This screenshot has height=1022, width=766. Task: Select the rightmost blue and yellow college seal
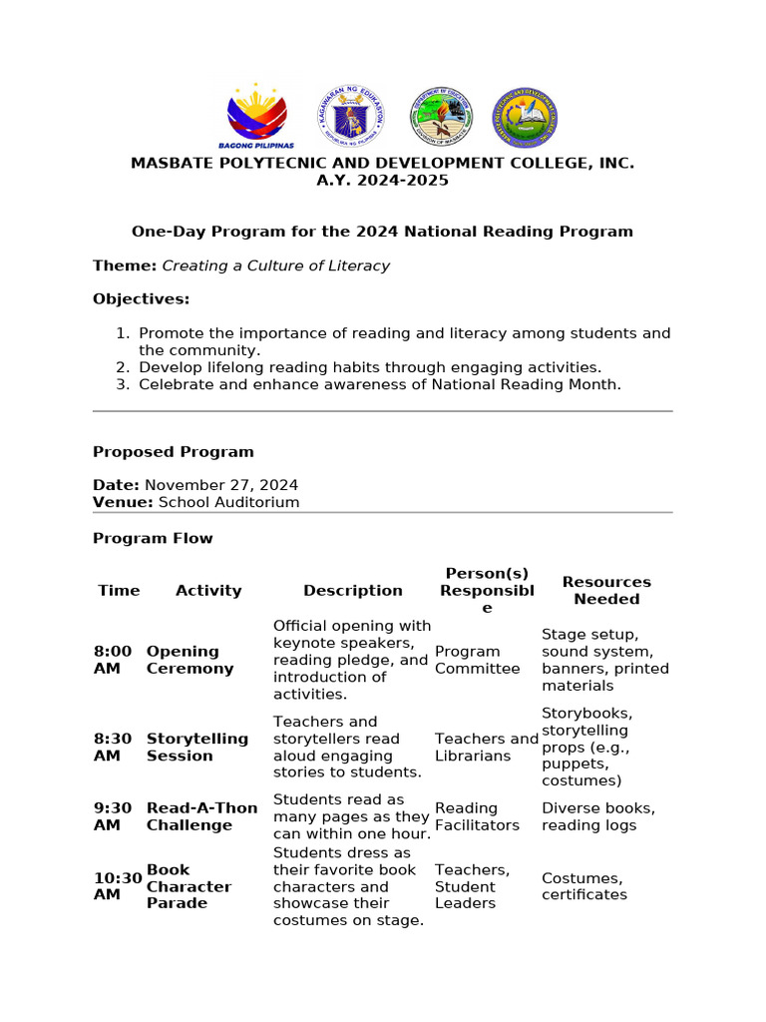[526, 117]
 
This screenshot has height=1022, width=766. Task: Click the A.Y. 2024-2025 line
[382, 181]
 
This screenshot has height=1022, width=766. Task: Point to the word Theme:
[125, 265]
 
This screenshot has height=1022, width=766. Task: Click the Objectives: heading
[141, 299]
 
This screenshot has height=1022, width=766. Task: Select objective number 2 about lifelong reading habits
[369, 367]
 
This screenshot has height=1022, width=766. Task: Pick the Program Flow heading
[153, 538]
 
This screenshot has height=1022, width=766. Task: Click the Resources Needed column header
[606, 590]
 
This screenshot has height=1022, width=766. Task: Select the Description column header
[353, 591]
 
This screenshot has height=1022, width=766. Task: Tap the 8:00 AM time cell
[113, 660]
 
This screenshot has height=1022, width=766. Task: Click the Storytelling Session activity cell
[197, 747]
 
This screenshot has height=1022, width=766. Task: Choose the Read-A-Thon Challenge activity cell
[201, 815]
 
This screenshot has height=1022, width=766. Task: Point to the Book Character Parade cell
[190, 886]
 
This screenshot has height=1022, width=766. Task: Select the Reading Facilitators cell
[477, 816]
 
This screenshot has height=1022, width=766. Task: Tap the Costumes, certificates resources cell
[584, 886]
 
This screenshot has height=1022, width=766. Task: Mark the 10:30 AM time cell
[117, 886]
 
